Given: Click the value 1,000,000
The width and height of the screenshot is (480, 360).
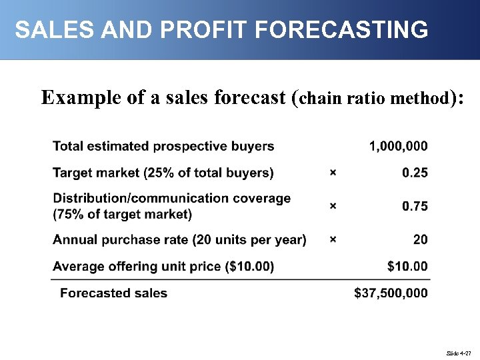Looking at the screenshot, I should [x=399, y=146].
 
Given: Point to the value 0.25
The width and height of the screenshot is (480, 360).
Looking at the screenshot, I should [x=415, y=173].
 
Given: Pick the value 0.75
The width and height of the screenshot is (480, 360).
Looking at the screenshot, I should [x=415, y=207].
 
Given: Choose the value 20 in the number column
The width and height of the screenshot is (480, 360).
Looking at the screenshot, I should [x=420, y=240].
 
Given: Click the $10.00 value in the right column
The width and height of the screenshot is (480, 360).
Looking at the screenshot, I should [x=407, y=267].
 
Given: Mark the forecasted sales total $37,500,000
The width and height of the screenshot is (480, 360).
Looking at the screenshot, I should [x=391, y=293].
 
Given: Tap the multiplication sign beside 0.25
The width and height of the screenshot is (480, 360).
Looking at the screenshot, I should [x=333, y=173].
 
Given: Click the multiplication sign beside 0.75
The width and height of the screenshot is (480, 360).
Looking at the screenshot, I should [x=333, y=207].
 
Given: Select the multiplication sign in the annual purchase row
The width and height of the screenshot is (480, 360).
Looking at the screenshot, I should [x=333, y=240].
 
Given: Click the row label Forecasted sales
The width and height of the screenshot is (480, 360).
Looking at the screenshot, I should [x=113, y=293].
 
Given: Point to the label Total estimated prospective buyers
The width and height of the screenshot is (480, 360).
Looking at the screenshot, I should [x=163, y=146].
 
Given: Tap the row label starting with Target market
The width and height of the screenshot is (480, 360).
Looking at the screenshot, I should [x=163, y=173].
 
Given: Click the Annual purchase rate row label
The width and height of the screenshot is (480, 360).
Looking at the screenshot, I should [x=179, y=240].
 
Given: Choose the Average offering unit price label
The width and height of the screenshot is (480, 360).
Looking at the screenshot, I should [x=163, y=267].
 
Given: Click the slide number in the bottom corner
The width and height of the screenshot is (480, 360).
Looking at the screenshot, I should [x=460, y=352].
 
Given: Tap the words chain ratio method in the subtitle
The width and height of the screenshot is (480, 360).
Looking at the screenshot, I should [x=373, y=99].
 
